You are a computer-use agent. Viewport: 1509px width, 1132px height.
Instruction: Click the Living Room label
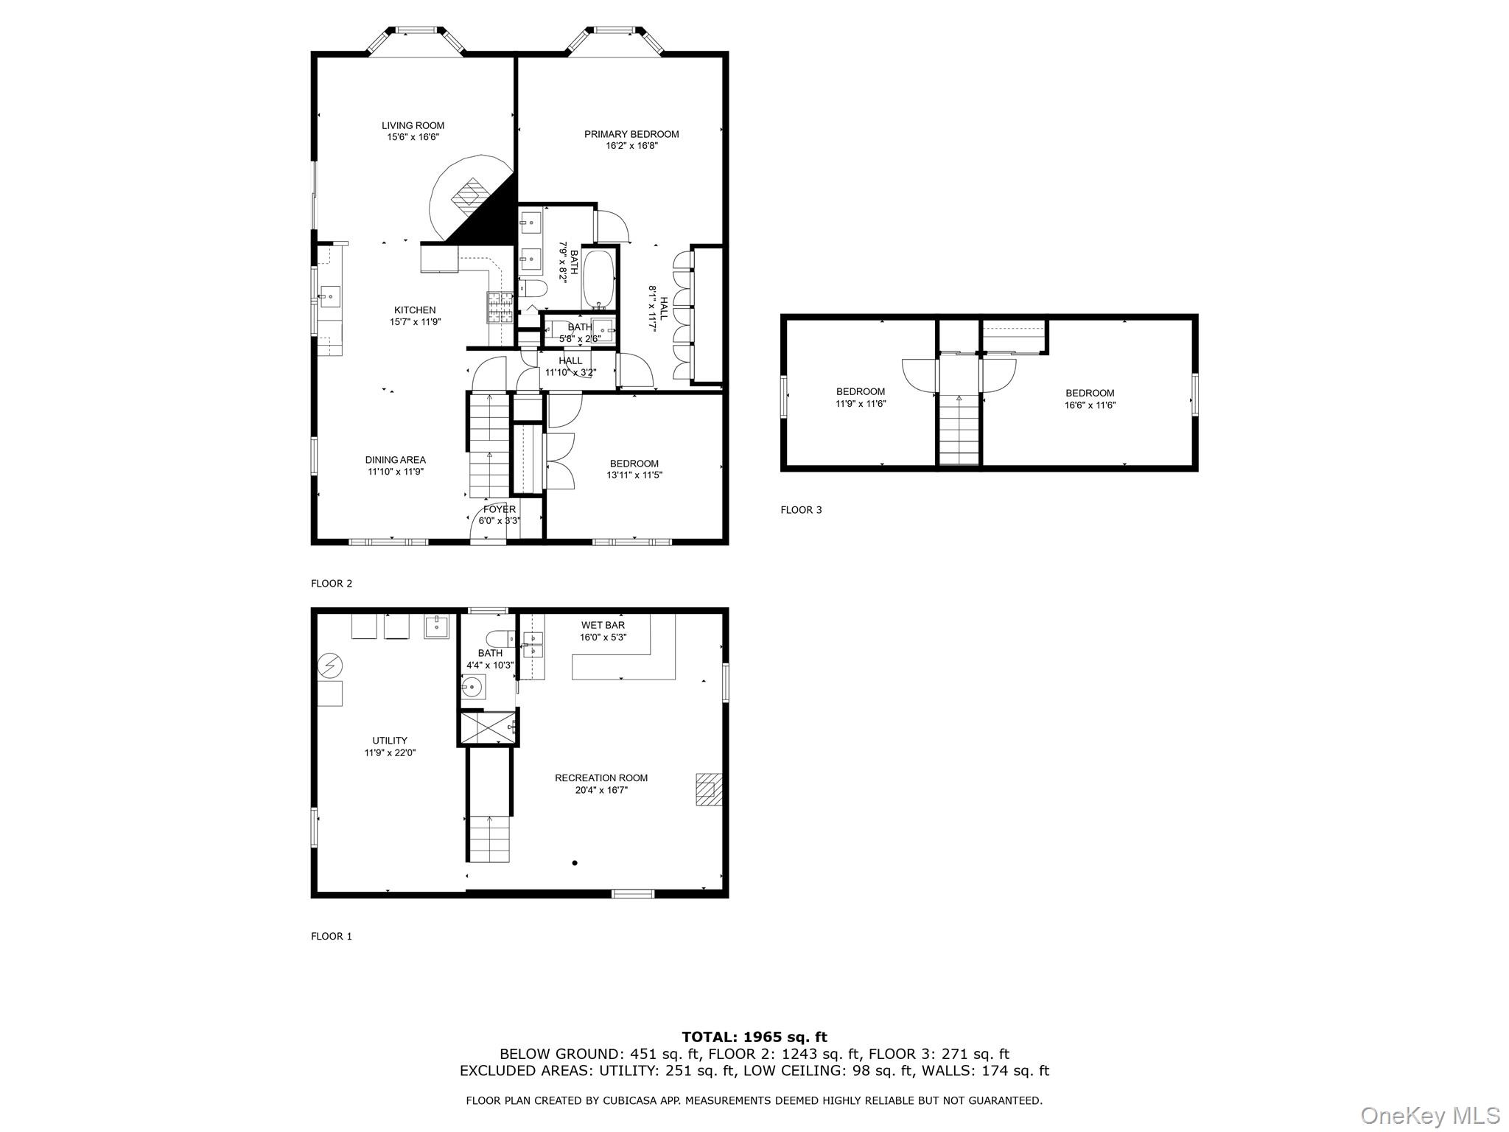pyautogui.click(x=413, y=126)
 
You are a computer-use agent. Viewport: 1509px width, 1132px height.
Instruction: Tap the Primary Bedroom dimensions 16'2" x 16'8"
pyautogui.click(x=631, y=146)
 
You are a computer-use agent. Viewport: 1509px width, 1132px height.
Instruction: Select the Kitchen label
pyautogui.click(x=415, y=310)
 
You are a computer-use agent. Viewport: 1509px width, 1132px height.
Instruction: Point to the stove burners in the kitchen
pyautogui.click(x=499, y=307)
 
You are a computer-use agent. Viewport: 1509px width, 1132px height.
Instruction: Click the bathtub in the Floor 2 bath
pyautogui.click(x=598, y=281)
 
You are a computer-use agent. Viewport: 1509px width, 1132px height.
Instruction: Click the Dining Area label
pyautogui.click(x=396, y=460)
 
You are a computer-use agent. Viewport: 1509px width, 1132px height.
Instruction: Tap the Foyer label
pyautogui.click(x=499, y=509)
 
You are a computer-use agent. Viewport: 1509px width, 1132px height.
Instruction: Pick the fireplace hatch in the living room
pyautogui.click(x=471, y=195)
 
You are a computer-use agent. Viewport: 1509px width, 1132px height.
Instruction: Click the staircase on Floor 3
pyautogui.click(x=959, y=431)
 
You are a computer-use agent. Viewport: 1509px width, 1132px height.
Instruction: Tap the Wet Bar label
pyautogui.click(x=603, y=626)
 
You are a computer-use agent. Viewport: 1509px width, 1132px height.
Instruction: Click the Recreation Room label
pyautogui.click(x=601, y=778)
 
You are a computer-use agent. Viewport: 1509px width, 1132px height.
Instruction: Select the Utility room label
pyautogui.click(x=389, y=741)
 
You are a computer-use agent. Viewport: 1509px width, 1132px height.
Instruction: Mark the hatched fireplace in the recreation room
pyautogui.click(x=708, y=789)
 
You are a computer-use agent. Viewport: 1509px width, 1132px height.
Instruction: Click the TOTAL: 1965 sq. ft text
pyautogui.click(x=754, y=1038)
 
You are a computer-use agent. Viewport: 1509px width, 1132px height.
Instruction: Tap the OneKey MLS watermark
pyautogui.click(x=1429, y=1116)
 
